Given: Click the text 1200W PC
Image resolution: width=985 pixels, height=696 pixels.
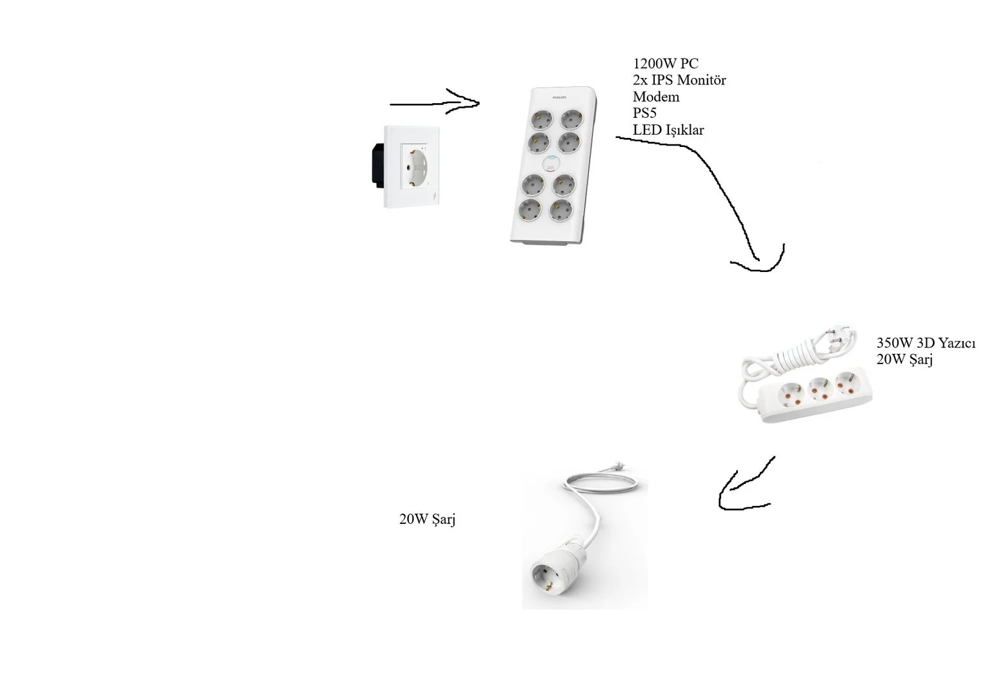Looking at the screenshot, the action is coord(665,64).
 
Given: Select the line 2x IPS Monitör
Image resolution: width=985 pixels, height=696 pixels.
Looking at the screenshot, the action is coord(679,80).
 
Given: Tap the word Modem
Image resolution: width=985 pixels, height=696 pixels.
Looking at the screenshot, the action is coord(655,97).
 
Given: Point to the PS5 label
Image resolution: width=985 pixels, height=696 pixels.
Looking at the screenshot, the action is coord(644,113).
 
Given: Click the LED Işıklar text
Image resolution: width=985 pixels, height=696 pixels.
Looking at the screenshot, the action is coord(668,130).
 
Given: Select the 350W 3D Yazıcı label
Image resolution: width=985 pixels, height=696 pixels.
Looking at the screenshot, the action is coord(926,343).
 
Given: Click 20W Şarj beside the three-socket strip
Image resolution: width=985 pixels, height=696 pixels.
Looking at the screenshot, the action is coord(904,360).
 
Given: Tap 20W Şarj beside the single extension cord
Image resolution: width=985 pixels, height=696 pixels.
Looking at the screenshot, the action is coord(427,519).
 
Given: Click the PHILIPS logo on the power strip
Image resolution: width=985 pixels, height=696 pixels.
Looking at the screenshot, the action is coord(559,97).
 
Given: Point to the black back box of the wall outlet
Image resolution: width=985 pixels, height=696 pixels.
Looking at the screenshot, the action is coord(378,165).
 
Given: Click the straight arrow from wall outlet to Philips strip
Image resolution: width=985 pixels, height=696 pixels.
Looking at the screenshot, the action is coord(435,104).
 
